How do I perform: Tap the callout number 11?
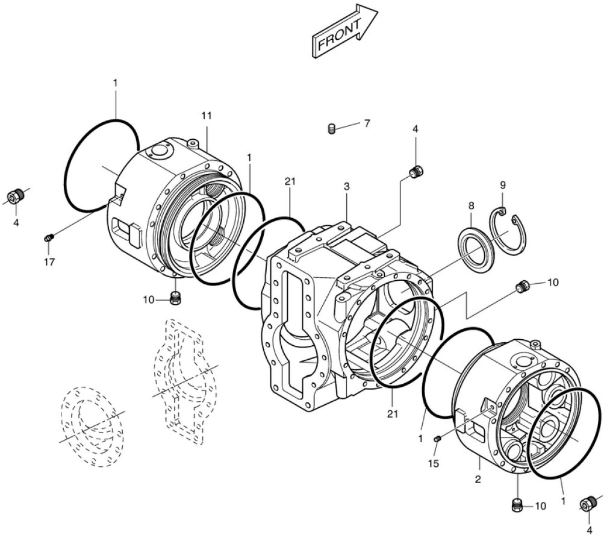tap(207, 115)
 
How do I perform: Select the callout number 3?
tap(347, 187)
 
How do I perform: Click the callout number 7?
tap(367, 124)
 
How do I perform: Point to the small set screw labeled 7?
tap(332, 128)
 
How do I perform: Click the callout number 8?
tap(471, 205)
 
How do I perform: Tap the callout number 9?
tap(503, 184)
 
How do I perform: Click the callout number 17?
tap(49, 261)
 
